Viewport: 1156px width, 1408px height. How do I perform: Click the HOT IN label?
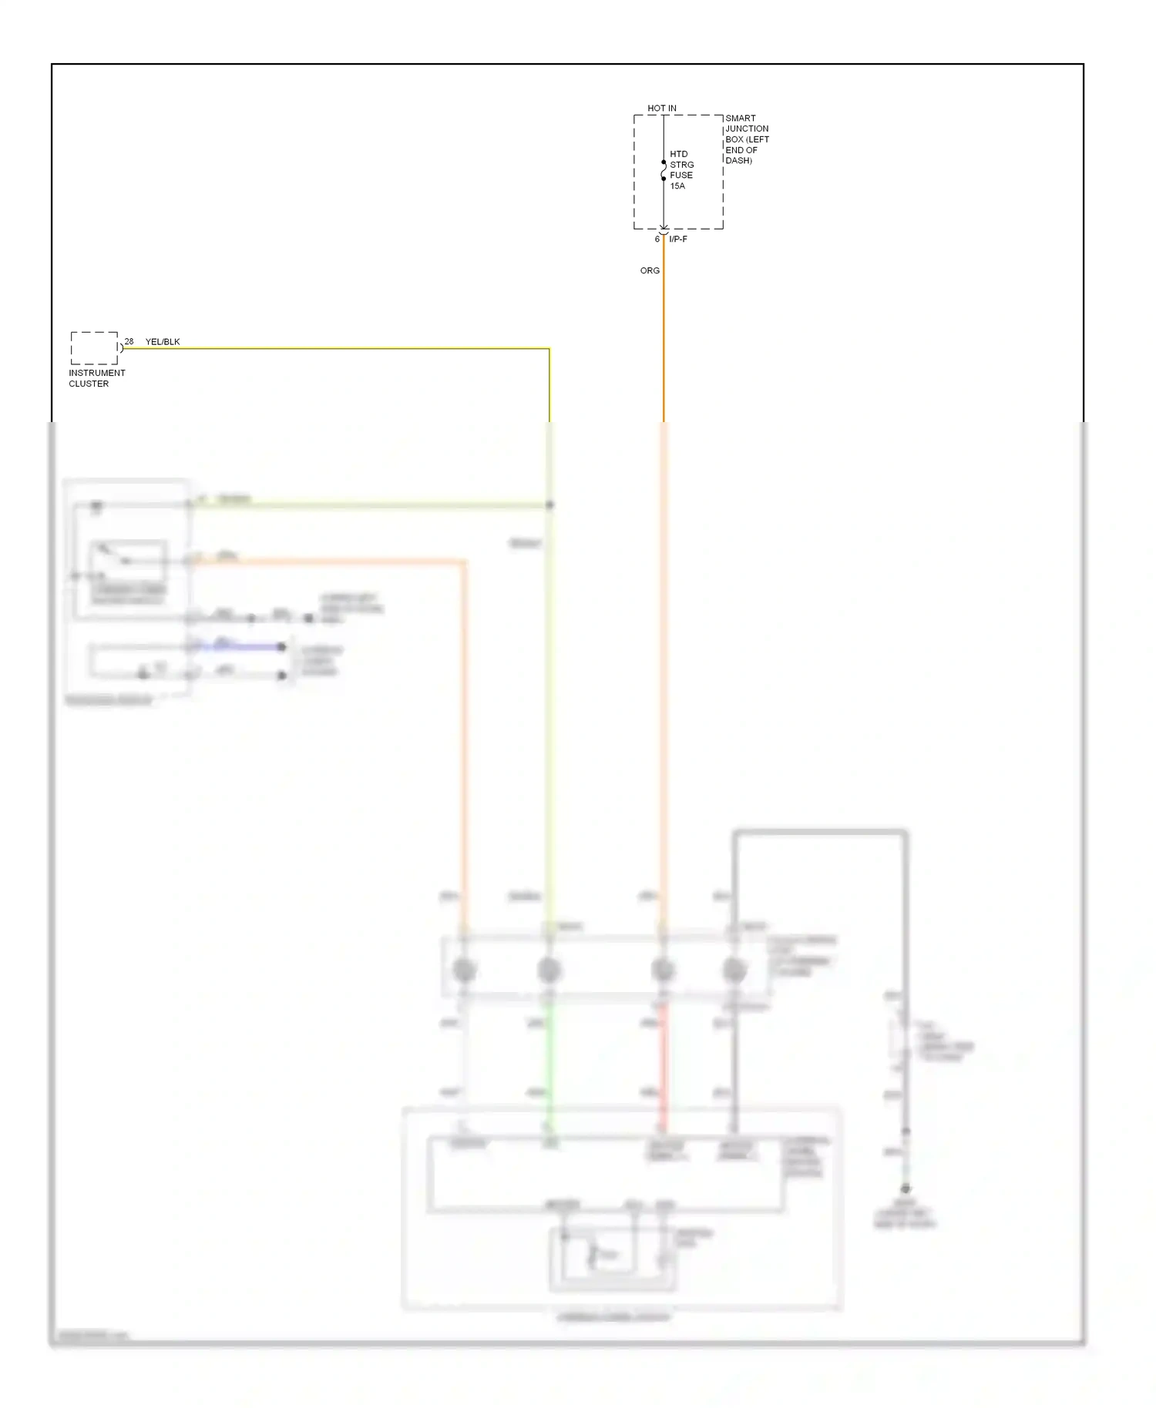(x=661, y=109)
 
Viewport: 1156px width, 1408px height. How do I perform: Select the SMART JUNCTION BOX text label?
(x=746, y=139)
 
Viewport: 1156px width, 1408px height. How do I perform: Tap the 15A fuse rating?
(x=677, y=186)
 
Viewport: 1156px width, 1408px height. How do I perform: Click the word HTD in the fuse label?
(x=678, y=154)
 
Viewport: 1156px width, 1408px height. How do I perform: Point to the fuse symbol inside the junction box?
(x=664, y=170)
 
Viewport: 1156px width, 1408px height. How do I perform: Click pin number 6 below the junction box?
(x=657, y=240)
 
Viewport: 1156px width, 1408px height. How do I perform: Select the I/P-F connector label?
(x=678, y=240)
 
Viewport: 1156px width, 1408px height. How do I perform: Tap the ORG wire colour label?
(x=650, y=271)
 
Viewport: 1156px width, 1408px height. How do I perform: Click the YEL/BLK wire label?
(x=163, y=342)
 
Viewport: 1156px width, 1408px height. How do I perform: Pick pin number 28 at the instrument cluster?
(x=129, y=341)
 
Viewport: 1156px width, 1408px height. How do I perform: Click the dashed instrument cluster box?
(x=94, y=348)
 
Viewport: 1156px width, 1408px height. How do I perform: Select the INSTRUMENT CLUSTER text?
(x=96, y=378)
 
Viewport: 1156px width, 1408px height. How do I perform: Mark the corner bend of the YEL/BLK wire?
(x=549, y=349)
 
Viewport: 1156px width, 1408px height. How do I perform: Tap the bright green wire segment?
(x=549, y=1063)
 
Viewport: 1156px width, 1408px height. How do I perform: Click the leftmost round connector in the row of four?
(x=464, y=970)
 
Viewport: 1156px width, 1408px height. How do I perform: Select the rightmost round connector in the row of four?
(x=734, y=970)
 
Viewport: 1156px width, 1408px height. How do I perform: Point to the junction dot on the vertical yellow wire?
(x=549, y=505)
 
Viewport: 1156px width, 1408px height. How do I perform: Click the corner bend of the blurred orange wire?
(x=463, y=562)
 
